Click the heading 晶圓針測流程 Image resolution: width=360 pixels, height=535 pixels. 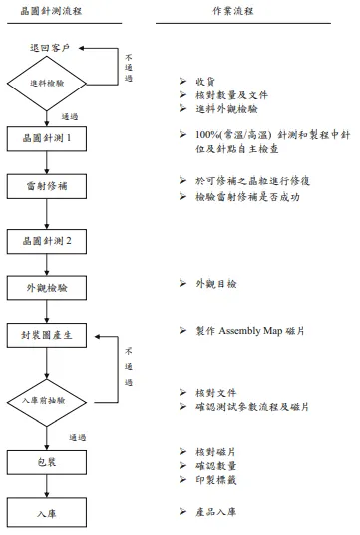click(53, 11)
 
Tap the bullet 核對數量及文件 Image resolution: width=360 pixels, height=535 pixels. click(223, 94)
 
